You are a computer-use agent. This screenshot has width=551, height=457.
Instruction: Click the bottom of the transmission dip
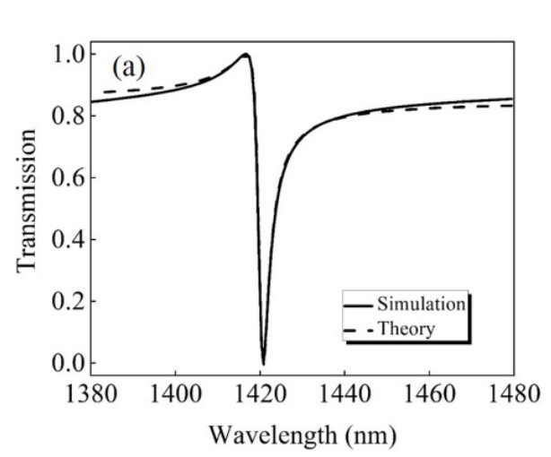263,361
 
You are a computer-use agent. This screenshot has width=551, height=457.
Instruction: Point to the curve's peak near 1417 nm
244,54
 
